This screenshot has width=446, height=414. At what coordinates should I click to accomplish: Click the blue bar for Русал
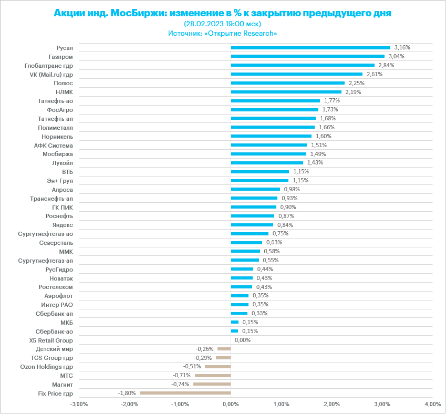pos(310,47)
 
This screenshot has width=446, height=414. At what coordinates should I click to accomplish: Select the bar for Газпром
pos(307,56)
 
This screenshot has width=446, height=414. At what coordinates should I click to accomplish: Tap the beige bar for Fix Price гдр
pos(185,393)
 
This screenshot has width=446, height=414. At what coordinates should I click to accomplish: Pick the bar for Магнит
pos(212,384)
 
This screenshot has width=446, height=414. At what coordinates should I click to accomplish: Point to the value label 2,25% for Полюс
pos(357,83)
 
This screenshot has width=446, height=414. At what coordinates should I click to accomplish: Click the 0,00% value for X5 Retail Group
pos(243,340)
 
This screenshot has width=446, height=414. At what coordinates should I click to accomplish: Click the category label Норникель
pos(59,136)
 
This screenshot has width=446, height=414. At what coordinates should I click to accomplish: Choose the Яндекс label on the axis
pos(63,225)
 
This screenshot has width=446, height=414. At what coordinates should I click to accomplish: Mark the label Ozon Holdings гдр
pos(46,367)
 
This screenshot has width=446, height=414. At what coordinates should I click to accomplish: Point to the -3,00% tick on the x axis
pos(79,404)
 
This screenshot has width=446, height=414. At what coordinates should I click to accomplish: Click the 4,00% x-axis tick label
pos(432,404)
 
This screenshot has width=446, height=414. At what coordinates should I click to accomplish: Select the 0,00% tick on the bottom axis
pos(231,404)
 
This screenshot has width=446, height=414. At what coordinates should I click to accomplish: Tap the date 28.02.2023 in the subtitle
pos(209,24)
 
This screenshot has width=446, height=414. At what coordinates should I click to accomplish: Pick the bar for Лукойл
pos(267,163)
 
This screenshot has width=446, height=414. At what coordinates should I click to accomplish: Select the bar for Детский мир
pos(224,349)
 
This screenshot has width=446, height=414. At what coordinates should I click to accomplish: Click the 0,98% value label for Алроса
pos(292,189)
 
